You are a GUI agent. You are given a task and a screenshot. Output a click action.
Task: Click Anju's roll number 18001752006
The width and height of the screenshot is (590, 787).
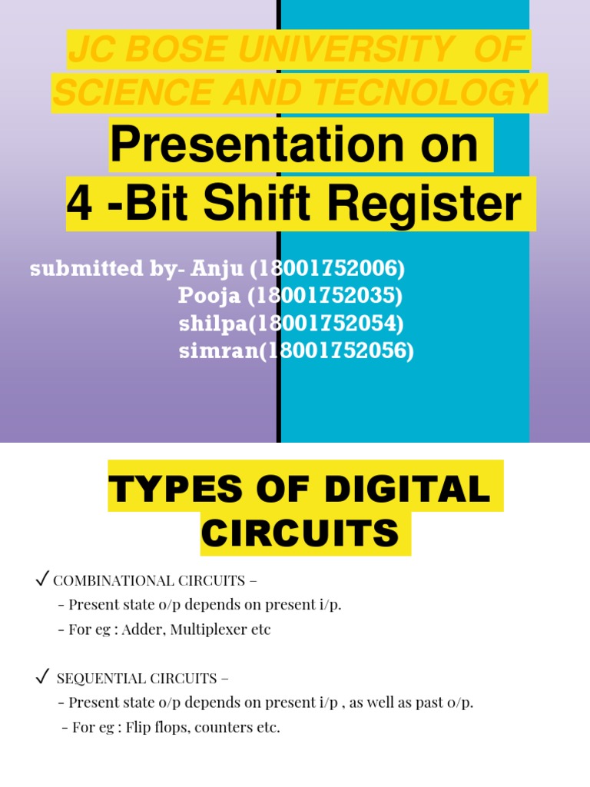[328, 269]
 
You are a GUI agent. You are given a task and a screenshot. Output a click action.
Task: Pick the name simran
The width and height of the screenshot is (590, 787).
[215, 351]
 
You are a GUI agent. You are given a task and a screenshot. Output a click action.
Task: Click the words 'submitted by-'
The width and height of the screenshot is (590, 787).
[107, 269]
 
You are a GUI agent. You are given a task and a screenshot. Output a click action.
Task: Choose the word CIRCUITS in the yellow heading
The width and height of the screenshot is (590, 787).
[305, 533]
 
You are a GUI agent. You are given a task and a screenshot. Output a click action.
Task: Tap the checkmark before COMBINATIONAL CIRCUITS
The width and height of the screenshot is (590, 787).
[43, 579]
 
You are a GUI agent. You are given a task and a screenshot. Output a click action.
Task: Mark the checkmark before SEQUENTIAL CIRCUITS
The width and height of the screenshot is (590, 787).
[43, 677]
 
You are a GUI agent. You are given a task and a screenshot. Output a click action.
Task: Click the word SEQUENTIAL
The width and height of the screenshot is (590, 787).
[95, 679]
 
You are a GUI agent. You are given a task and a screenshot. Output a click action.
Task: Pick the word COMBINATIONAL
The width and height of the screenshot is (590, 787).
[103, 580]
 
